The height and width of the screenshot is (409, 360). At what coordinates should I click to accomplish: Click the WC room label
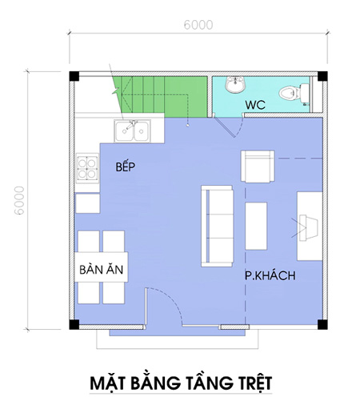coord(255,105)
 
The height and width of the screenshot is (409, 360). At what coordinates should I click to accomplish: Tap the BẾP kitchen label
coord(126,166)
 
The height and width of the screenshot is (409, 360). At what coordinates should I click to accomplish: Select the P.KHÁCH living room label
coord(270,275)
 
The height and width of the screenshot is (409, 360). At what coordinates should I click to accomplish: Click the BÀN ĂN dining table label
coord(102,270)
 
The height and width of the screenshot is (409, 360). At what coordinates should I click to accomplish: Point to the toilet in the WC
coord(294,93)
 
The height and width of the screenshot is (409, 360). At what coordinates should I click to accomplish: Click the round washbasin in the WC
coord(234,84)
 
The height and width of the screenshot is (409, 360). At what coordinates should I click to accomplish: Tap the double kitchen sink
coord(132,131)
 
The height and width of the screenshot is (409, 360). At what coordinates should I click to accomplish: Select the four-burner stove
coord(87,168)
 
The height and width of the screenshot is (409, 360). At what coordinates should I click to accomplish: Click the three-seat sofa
coord(217,226)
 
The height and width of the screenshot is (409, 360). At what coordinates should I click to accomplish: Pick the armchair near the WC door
coord(258,166)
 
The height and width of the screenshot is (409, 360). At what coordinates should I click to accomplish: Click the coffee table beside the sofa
coord(256,226)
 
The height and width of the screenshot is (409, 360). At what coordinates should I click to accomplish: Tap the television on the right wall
coord(308,228)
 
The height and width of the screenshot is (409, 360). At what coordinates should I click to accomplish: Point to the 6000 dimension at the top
coord(198,25)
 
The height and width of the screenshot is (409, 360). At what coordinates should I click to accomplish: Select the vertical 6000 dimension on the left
coord(19,200)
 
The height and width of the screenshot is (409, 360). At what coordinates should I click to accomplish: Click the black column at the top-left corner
coord(74,76)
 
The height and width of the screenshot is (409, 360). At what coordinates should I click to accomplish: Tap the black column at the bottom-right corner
coord(322,324)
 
